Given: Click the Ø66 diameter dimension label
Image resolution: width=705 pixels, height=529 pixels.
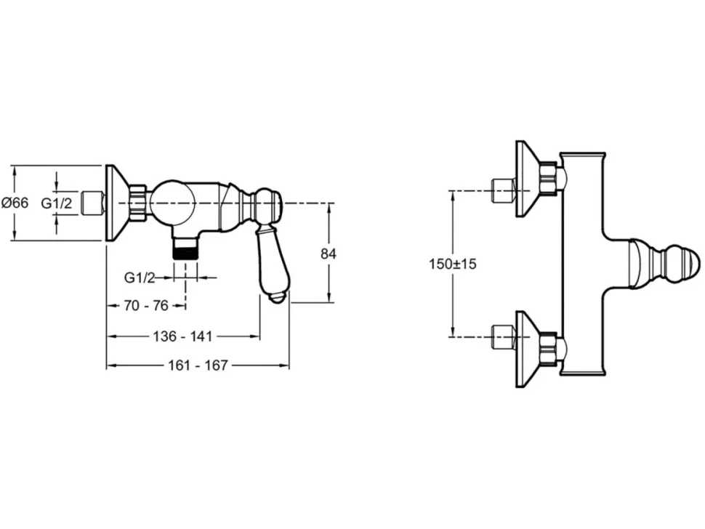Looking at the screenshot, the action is coord(15,203).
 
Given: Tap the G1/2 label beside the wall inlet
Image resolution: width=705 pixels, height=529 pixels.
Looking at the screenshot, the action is coord(57,203).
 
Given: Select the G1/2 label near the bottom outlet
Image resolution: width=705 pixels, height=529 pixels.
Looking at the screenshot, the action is coord(140,278).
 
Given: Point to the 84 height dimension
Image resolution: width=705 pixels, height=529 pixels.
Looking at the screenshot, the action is coord(329,254).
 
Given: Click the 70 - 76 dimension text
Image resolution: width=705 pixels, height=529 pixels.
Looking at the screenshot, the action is coord(145,306).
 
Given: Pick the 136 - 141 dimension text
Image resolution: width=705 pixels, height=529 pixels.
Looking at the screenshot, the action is coord(182,336).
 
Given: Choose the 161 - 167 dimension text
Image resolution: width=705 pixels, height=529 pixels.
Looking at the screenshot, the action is coord(198,366).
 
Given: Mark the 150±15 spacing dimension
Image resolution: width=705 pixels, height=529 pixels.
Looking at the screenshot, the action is coord(452,264).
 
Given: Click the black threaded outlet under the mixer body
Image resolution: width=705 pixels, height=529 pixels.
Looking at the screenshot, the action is coord(185,248).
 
